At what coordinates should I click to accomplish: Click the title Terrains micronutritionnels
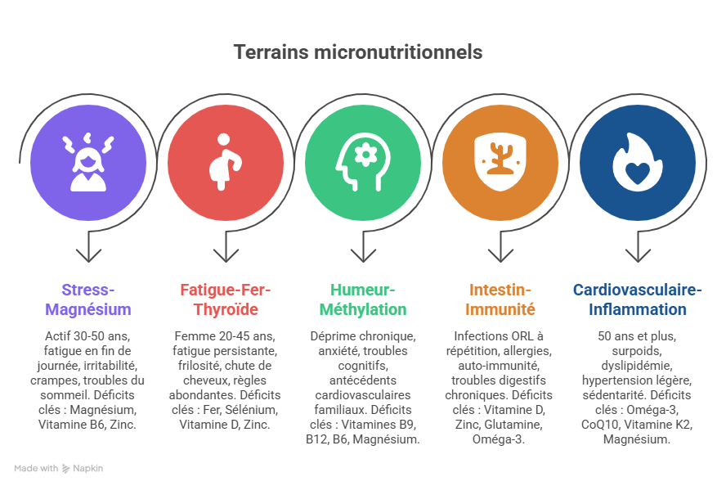(x=357, y=52)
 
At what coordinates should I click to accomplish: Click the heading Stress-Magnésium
(x=88, y=300)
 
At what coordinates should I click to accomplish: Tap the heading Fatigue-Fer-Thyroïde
(x=226, y=300)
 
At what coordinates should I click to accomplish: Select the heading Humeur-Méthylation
(x=363, y=300)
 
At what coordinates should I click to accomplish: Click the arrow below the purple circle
(x=88, y=248)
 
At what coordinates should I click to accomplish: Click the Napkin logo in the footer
(x=66, y=469)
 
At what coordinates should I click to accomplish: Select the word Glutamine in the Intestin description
(x=513, y=425)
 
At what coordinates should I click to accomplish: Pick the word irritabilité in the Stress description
(x=112, y=366)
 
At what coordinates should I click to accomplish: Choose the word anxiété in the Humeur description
(x=336, y=351)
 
